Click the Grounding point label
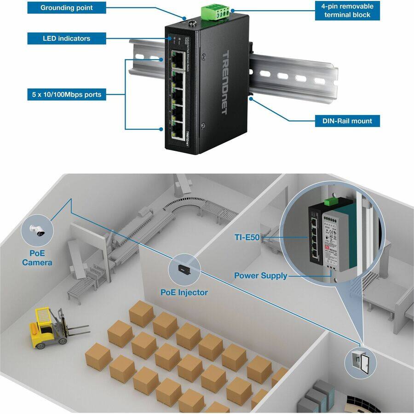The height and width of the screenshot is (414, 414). click(x=66, y=8)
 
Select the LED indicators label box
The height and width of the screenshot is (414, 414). click(x=66, y=38)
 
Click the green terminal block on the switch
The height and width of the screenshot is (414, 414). click(x=215, y=13)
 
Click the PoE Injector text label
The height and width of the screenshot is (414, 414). click(x=184, y=292)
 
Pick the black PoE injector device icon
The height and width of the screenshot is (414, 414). click(x=184, y=269)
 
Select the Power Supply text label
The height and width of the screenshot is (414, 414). click(x=260, y=276)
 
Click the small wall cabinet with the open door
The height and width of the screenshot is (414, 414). click(x=360, y=362)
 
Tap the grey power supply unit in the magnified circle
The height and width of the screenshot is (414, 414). click(x=339, y=244)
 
